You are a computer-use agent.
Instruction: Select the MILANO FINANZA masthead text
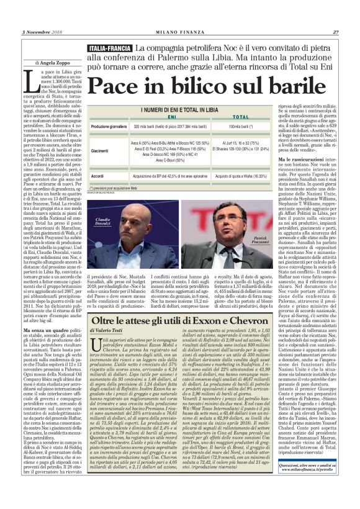tap(180, 33)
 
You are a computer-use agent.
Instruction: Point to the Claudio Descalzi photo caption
tap(103, 222)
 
